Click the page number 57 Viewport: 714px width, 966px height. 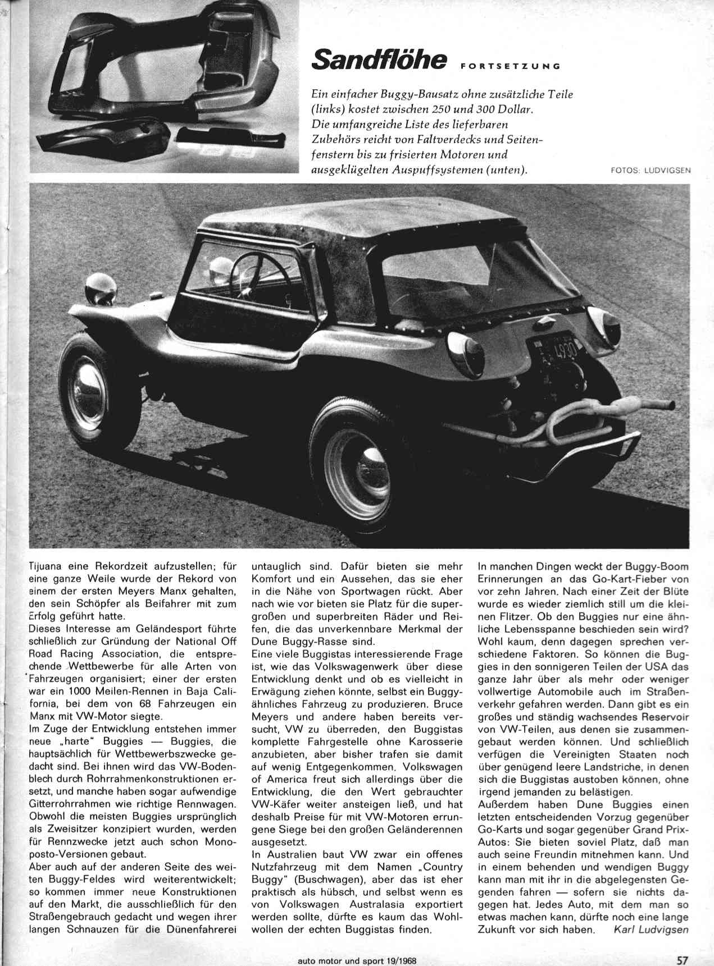click(683, 955)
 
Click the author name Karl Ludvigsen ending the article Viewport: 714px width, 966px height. click(651, 929)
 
